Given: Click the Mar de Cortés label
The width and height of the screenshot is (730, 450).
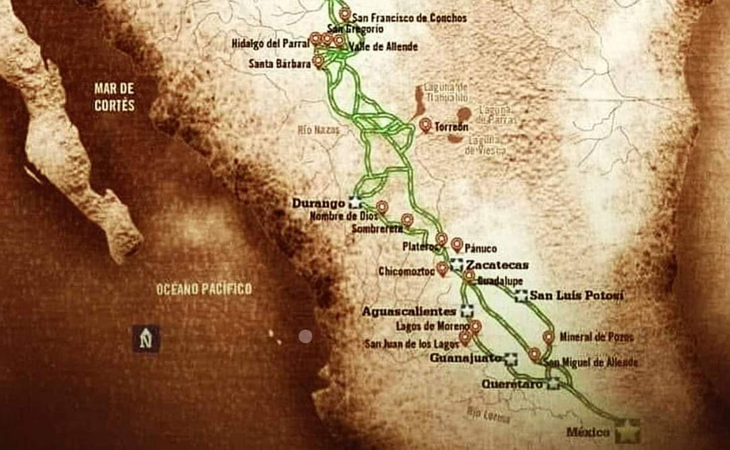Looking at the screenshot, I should (x=114, y=97).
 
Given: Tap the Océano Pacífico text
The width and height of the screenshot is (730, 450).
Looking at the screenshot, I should (x=204, y=289).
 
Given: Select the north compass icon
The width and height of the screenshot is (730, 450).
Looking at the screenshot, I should (x=146, y=338).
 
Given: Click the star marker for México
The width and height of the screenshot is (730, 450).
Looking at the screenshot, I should (x=627, y=431).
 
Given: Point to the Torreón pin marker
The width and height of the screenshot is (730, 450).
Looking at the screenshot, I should (x=425, y=125).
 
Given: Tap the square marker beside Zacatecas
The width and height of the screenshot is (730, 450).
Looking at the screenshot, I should (x=456, y=265).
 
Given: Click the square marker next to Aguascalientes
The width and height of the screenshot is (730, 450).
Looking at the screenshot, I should (x=467, y=311).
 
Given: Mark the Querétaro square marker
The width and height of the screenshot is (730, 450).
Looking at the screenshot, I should (x=553, y=384).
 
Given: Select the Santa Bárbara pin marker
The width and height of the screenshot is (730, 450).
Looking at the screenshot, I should (x=318, y=61).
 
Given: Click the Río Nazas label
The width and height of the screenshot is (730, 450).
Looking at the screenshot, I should (x=319, y=130).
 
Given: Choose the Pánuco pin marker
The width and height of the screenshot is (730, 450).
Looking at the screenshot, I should (x=456, y=244).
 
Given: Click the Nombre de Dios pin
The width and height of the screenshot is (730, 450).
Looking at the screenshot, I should (x=382, y=207).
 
